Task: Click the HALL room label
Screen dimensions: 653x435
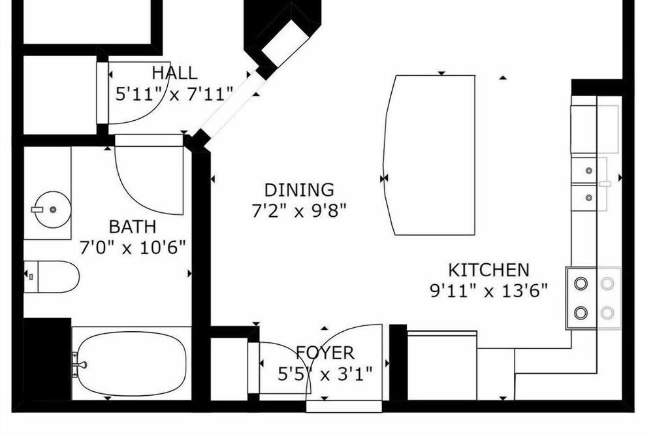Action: [x=174, y=73]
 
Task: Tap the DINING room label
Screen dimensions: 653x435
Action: [x=299, y=190]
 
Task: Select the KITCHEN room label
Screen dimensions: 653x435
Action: [x=488, y=270]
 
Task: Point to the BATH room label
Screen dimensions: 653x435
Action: [x=133, y=227]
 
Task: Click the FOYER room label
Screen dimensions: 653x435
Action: [x=325, y=353]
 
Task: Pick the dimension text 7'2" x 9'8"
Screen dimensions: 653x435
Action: [x=299, y=210]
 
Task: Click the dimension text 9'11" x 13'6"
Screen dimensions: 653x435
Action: [x=488, y=291]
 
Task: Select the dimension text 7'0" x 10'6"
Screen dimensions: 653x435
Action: [x=133, y=248]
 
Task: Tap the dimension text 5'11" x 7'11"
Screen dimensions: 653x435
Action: [x=174, y=94]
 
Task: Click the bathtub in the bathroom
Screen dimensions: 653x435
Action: [x=132, y=365]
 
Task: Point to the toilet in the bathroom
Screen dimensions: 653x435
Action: [x=51, y=277]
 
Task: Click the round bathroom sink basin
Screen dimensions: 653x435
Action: [x=52, y=209]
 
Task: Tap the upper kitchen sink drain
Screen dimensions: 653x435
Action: [x=589, y=170]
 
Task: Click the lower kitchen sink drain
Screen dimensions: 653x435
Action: [x=589, y=197]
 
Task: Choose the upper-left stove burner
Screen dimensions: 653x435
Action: [x=581, y=283]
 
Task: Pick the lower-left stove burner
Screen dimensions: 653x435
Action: [x=581, y=312]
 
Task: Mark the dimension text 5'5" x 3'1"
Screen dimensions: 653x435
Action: [x=325, y=374]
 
